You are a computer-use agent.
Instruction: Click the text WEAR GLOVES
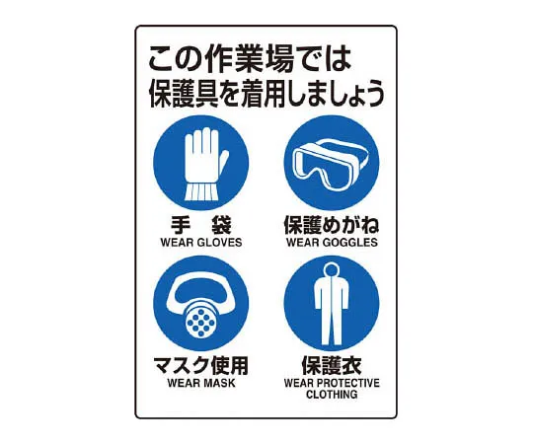pyautogui.click(x=200, y=242)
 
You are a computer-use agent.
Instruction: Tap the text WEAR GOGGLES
pyautogui.click(x=331, y=242)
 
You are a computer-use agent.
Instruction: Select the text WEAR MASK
pyautogui.click(x=200, y=384)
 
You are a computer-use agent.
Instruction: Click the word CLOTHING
pyautogui.click(x=331, y=395)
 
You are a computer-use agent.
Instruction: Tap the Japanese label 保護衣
pyautogui.click(x=331, y=367)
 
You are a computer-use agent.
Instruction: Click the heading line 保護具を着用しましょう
pyautogui.click(x=266, y=96)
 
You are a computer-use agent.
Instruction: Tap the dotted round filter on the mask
pyautogui.click(x=200, y=318)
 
